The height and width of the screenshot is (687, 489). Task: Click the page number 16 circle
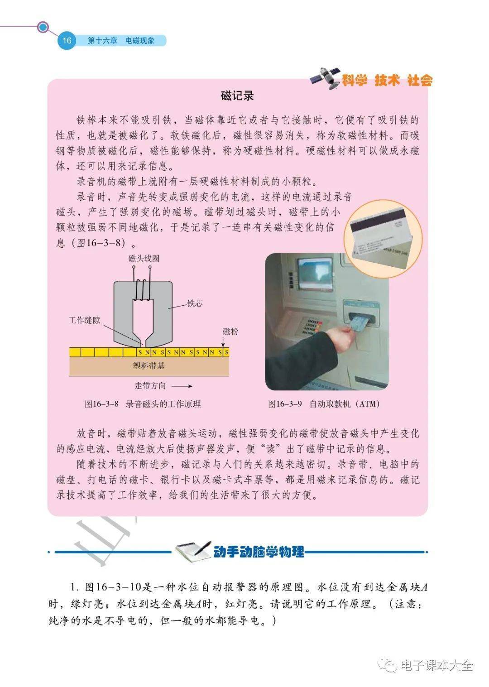pos(67,40)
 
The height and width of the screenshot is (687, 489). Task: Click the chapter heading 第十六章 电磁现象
pos(121,40)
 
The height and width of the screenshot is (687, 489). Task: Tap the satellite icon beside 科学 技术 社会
pos(325,78)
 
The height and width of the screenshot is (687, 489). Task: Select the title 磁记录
pos(237,96)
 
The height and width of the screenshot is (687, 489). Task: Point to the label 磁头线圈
pos(144,258)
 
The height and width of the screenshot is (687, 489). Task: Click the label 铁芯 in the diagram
pos(195,303)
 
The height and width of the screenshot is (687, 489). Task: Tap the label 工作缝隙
pos(84,320)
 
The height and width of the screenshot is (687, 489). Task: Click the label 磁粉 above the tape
pos(230,331)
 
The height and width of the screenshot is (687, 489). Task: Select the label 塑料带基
pos(149,365)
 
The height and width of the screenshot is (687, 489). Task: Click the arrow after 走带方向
pos(182,386)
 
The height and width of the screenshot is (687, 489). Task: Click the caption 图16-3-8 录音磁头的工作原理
pos(143,404)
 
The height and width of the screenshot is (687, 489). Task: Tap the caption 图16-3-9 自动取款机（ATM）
pos(324,404)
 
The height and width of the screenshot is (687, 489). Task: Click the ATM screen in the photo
pos(315,274)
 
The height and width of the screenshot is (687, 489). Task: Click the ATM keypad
pos(308,327)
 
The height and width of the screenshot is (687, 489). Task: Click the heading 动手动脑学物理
pos(259,552)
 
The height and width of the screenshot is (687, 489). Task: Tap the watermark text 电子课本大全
pos(437,666)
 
